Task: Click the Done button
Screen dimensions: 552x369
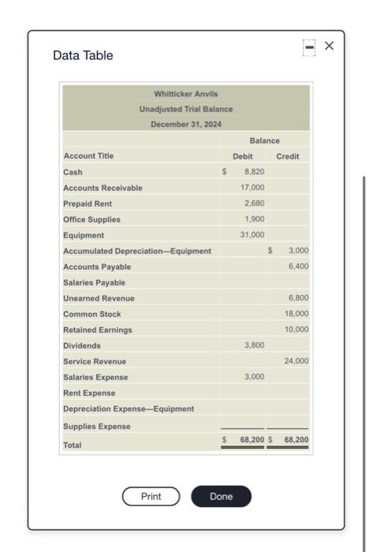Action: (221, 496)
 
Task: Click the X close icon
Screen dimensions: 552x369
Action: (330, 46)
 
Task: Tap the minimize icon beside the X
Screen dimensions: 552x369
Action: (310, 46)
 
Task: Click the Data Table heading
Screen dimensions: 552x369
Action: (83, 55)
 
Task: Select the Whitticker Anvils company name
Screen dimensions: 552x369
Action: (186, 94)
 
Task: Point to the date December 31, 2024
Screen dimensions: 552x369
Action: (186, 125)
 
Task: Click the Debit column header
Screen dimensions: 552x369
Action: (243, 156)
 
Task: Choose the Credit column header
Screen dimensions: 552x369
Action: (288, 156)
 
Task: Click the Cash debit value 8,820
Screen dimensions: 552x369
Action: (253, 172)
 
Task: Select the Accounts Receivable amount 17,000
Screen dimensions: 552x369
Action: (252, 188)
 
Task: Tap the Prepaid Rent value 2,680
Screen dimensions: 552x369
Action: (254, 203)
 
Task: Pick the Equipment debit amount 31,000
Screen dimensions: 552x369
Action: (252, 235)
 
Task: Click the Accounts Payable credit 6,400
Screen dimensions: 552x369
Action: (298, 267)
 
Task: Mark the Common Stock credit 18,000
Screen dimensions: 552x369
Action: (296, 314)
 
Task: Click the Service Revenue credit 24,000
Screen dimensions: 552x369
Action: (296, 361)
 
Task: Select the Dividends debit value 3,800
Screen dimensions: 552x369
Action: (254, 345)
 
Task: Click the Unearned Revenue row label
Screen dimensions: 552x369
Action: (99, 298)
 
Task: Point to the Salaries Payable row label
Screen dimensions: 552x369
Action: (94, 282)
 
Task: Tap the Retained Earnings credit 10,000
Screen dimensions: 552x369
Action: (296, 330)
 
